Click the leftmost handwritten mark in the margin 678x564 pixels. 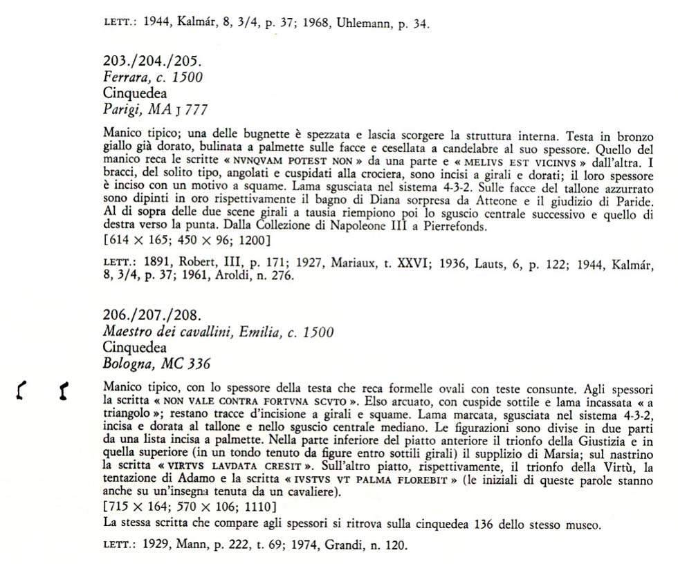21,392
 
